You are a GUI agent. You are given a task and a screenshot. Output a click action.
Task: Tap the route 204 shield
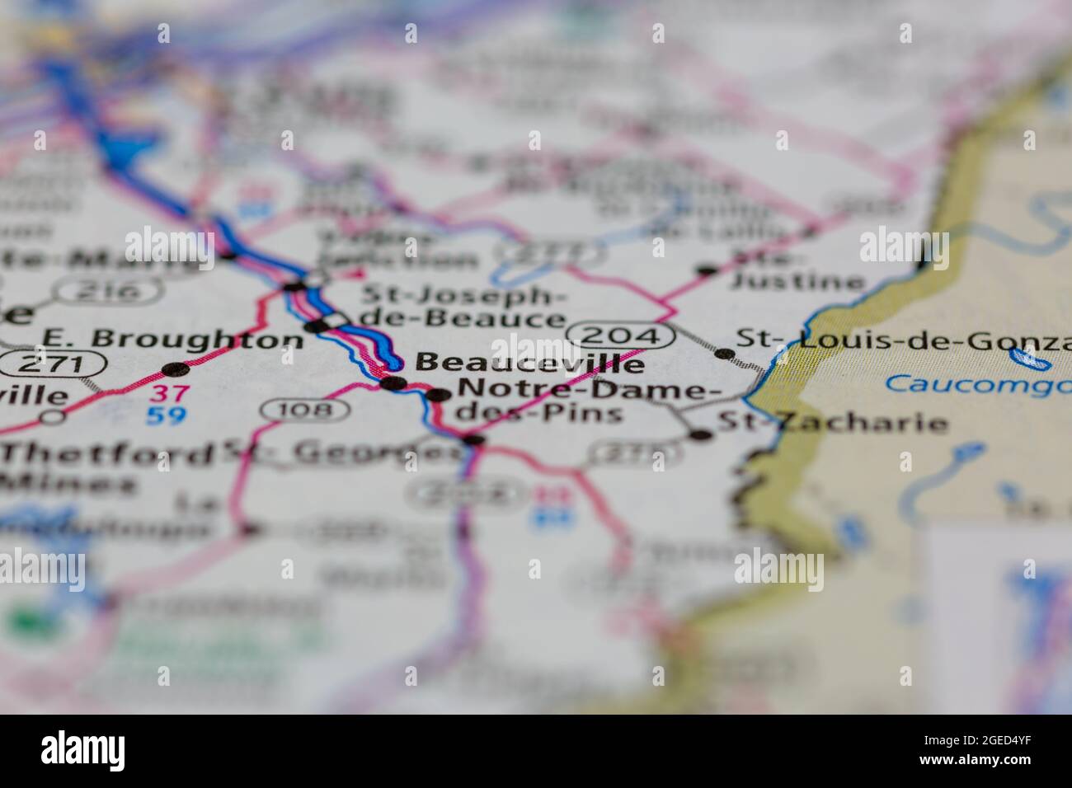coord(620,334)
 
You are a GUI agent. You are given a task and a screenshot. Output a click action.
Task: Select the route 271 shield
coord(53,363)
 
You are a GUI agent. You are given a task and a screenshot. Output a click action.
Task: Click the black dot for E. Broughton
coord(175,368)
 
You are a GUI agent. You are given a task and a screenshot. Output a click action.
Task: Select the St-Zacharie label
coord(833,424)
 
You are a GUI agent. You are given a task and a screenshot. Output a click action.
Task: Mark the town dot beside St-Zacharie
coord(702,434)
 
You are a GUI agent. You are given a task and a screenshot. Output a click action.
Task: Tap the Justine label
coord(797,282)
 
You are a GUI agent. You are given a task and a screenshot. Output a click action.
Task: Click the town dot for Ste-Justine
coord(706,270)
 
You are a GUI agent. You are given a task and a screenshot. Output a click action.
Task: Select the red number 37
coord(166,394)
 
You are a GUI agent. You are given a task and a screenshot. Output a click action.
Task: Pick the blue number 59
coord(166,415)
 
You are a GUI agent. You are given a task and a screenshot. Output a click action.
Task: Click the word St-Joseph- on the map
coord(463,293)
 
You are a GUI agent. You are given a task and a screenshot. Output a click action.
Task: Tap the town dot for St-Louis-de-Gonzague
coord(724,354)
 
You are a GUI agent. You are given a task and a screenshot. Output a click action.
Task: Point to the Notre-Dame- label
coord(581,388)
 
